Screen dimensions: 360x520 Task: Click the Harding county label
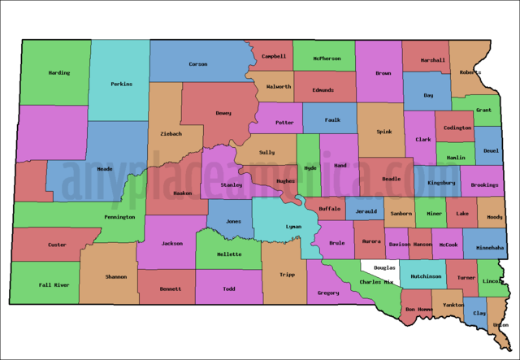(58, 73)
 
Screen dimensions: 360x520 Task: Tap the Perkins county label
(121, 84)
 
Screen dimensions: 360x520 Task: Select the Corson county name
(197, 64)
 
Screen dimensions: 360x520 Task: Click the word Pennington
(119, 218)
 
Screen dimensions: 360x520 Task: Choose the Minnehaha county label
(489, 247)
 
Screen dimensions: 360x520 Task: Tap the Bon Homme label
(419, 310)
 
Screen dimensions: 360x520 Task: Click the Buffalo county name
(329, 209)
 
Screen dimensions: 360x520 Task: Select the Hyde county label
(310, 168)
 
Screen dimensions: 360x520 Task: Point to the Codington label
(457, 128)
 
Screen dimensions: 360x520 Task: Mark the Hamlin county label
(456, 157)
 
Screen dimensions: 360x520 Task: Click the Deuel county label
(491, 150)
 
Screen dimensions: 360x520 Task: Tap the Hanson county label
(421, 244)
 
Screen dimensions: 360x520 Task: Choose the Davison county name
(398, 244)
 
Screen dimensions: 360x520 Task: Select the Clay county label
(479, 313)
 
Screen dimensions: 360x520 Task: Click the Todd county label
(229, 288)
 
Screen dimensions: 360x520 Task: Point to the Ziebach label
(170, 133)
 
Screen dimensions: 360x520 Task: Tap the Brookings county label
(484, 185)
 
